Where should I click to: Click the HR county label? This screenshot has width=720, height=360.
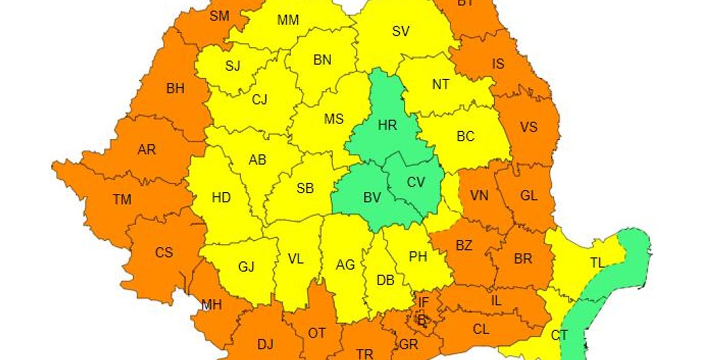pos(387,124)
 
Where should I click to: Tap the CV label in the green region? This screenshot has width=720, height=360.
pos(416,182)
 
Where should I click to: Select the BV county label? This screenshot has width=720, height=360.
pos(372,197)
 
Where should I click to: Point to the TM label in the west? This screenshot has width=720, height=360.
pos(122,199)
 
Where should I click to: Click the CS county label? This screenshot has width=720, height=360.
pos(164,253)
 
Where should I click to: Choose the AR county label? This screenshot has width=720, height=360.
pos(146,150)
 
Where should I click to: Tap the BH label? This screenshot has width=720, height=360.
pos(175,88)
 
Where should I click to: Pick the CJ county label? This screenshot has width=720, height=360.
pos(259,99)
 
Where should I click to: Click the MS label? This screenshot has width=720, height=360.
pos(333,119)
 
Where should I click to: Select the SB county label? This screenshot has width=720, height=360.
pos(305,188)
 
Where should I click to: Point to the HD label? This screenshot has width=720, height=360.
pos(221,197)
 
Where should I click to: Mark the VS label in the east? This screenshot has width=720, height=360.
pos(529,127)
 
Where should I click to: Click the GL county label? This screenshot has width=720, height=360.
pos(529,195)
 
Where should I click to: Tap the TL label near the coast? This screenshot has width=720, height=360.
pos(597,263)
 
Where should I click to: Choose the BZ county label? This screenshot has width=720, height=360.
pos(463,245)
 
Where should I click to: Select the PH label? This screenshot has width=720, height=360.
pos(418,256)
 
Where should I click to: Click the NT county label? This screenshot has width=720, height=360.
pos(440,84)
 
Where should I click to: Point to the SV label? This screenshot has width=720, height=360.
pos(401,31)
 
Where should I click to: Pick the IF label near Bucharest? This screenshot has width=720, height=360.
pos(423,302)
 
